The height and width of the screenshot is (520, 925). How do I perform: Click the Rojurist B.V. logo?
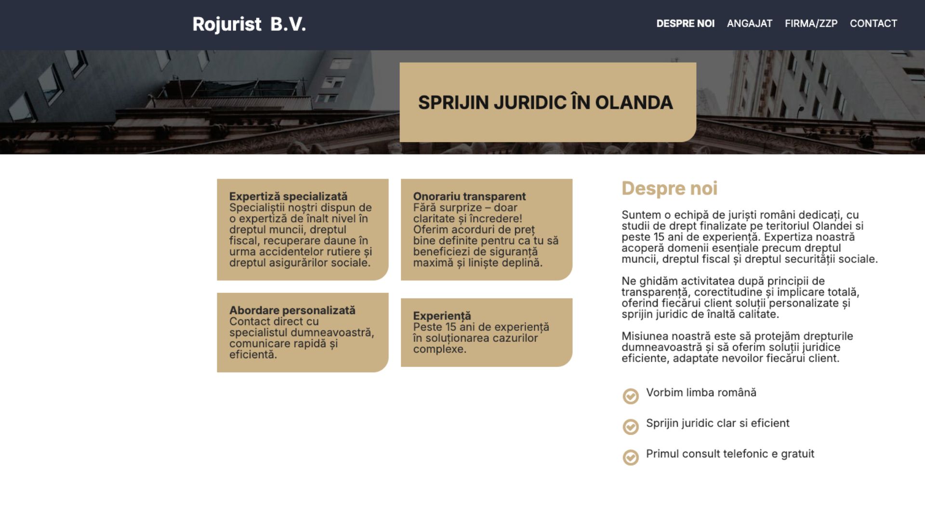pyautogui.click(x=249, y=24)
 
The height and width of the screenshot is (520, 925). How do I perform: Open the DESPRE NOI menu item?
pyautogui.click(x=685, y=24)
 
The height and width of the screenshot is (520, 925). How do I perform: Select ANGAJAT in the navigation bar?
pyautogui.click(x=750, y=24)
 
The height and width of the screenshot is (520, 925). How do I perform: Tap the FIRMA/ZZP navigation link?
pyautogui.click(x=811, y=24)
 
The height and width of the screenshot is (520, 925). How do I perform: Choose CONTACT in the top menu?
pyautogui.click(x=873, y=24)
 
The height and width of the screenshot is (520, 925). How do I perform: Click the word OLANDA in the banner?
pyautogui.click(x=634, y=103)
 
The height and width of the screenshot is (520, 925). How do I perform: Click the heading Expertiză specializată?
pyautogui.click(x=288, y=196)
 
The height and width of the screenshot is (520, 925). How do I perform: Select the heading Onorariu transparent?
pyautogui.click(x=469, y=196)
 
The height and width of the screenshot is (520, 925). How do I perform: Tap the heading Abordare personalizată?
pyautogui.click(x=292, y=310)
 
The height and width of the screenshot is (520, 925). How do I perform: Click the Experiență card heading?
pyautogui.click(x=442, y=316)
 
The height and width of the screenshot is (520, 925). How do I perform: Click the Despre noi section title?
pyautogui.click(x=669, y=188)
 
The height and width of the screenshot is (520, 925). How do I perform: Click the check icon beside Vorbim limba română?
pyautogui.click(x=631, y=396)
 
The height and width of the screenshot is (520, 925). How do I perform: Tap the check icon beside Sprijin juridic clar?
pyautogui.click(x=631, y=427)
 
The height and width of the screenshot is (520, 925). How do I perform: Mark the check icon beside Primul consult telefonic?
pyautogui.click(x=631, y=457)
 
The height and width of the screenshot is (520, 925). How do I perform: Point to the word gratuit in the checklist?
pyautogui.click(x=797, y=454)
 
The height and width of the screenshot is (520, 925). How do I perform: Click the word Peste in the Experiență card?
pyautogui.click(x=428, y=327)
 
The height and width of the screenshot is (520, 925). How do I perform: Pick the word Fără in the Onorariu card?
pyautogui.click(x=423, y=208)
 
